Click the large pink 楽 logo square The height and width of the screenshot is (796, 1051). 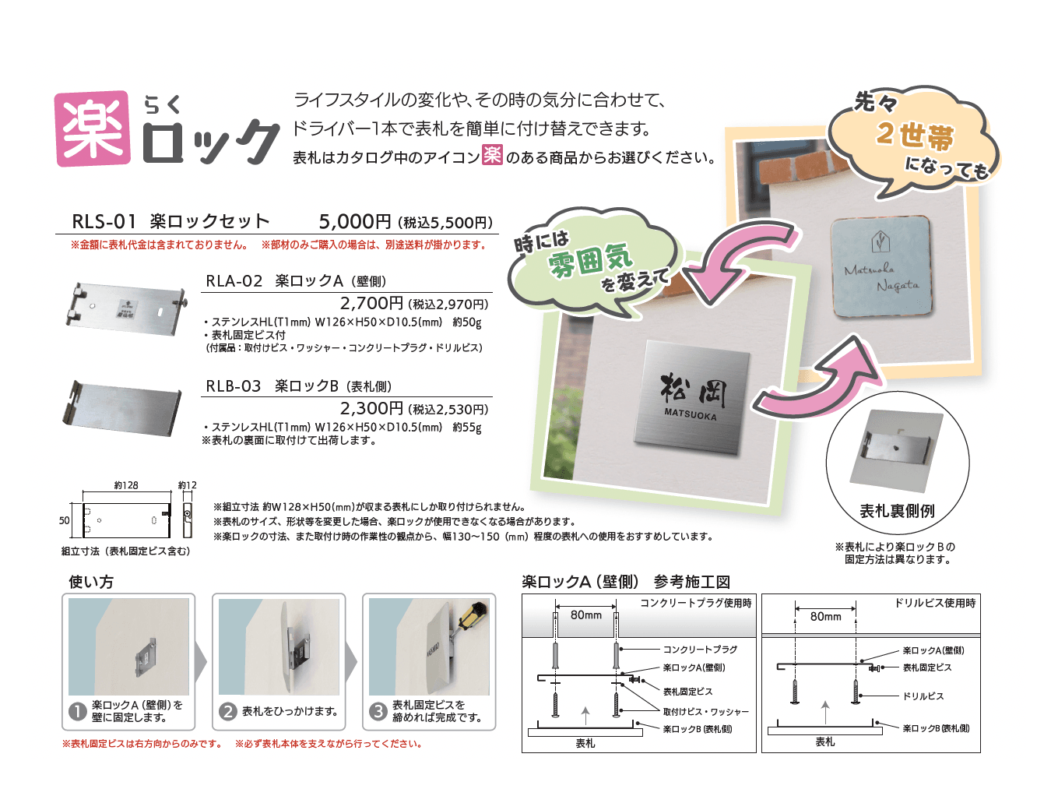93,129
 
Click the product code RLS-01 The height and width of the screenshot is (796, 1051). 104,222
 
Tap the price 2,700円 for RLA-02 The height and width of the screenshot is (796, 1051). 371,303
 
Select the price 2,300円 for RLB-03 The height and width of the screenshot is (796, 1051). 371,408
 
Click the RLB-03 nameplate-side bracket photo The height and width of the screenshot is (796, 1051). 123,407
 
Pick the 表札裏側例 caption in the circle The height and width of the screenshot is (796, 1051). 897,511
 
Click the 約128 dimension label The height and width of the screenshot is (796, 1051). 126,485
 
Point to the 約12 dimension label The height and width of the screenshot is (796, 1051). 187,485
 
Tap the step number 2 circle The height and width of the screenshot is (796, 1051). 227,711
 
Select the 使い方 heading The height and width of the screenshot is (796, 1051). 91,582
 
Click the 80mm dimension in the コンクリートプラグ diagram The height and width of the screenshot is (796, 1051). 585,615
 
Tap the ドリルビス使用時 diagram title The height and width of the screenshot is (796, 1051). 934,603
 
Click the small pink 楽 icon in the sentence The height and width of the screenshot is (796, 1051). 492,155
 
